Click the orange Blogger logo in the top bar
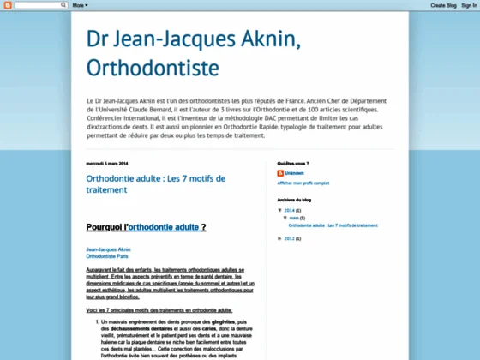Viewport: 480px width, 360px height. click(x=7, y=5)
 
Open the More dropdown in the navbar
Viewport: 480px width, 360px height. click(x=79, y=5)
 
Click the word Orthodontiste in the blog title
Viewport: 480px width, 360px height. click(x=153, y=67)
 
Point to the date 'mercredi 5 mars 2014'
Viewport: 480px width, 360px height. click(x=107, y=163)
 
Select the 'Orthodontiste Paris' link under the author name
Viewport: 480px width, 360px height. click(x=107, y=255)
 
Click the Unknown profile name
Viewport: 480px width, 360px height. click(x=294, y=173)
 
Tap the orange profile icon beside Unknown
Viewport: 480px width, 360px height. click(x=281, y=173)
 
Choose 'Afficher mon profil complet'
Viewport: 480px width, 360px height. click(x=303, y=183)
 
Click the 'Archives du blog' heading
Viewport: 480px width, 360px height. click(x=294, y=199)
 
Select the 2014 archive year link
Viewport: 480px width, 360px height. click(x=290, y=210)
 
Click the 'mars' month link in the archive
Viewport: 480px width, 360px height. click(x=293, y=218)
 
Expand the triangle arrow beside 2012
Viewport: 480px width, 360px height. click(x=280, y=238)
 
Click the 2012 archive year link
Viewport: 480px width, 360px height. click(x=290, y=238)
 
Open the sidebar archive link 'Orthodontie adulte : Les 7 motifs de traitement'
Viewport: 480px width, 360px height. click(x=333, y=225)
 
